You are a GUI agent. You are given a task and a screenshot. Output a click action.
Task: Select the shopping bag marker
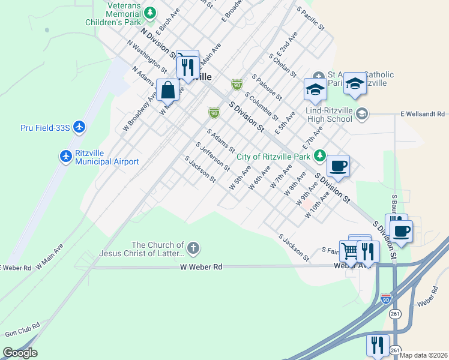point(169,90)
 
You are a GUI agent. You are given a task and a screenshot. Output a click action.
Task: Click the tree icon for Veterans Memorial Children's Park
point(151,12)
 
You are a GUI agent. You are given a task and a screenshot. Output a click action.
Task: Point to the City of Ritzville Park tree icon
point(319,156)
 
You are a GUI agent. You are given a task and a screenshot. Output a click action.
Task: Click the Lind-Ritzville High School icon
point(361,113)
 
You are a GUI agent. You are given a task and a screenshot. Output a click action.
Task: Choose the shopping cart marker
point(350,249)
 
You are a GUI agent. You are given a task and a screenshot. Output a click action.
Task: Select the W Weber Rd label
point(201,266)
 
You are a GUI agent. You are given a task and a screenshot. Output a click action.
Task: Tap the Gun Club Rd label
point(22,328)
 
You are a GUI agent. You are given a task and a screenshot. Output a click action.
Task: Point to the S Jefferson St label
point(213,156)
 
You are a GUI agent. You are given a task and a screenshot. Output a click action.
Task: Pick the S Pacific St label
point(310,19)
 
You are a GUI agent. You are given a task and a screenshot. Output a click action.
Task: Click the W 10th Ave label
point(318,205)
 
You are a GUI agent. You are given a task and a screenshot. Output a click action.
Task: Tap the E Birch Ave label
point(167,22)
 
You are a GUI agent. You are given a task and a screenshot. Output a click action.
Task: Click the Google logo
point(20,353)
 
